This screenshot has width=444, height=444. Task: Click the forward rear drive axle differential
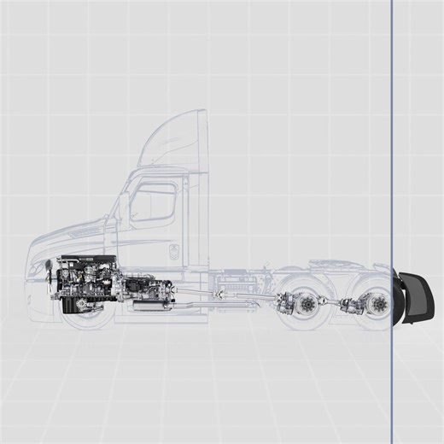pos(290,303)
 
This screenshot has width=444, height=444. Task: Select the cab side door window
pos(154,203)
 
